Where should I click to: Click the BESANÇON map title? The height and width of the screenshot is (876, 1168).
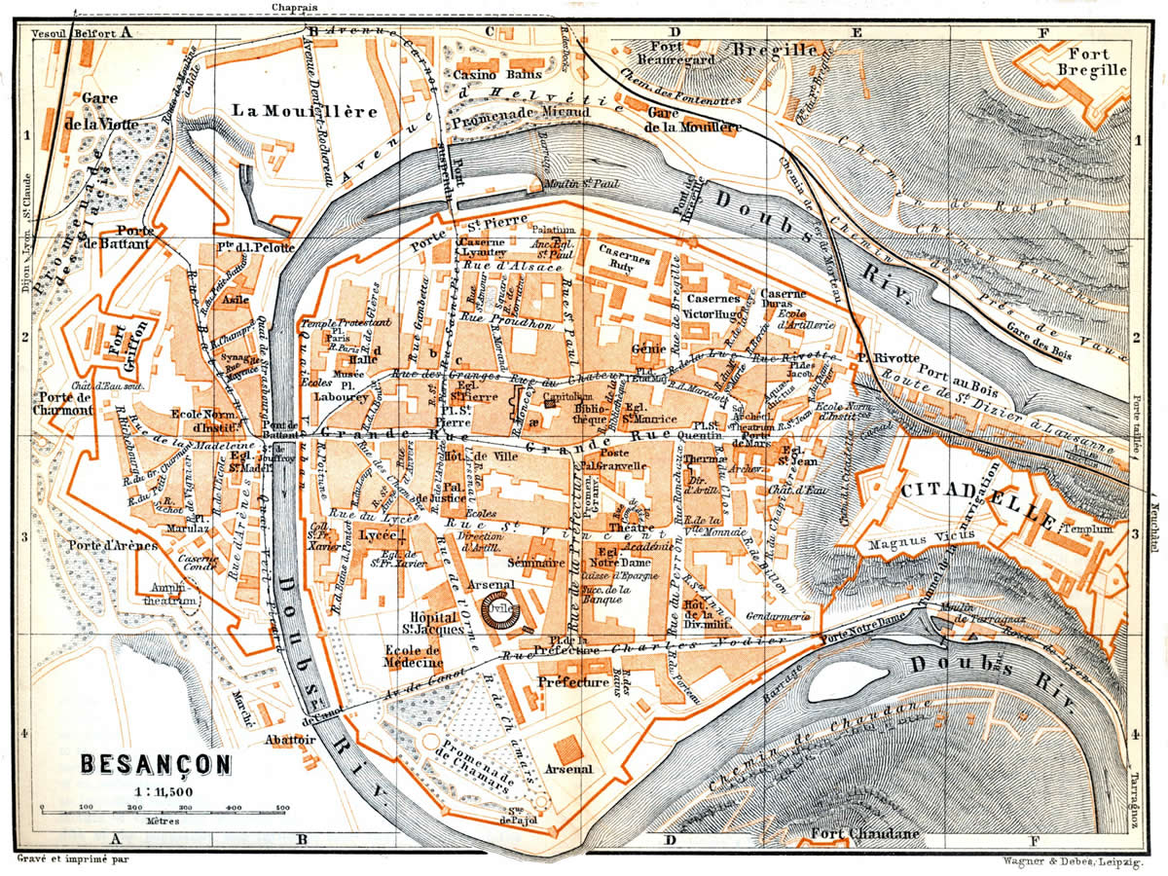tap(156, 764)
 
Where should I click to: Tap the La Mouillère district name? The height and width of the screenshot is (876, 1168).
tap(304, 111)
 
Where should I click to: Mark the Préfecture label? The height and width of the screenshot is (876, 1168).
tap(573, 682)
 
